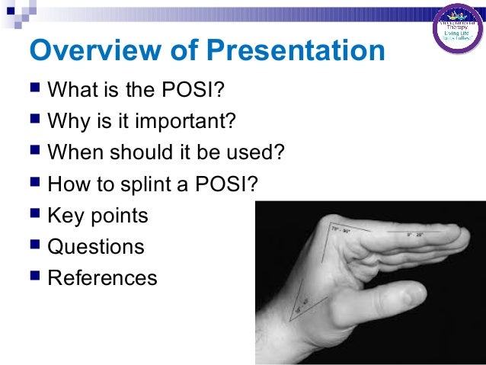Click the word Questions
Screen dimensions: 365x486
[95, 247]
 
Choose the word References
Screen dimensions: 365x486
[102, 277]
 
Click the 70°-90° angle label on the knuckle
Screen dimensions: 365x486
[341, 229]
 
